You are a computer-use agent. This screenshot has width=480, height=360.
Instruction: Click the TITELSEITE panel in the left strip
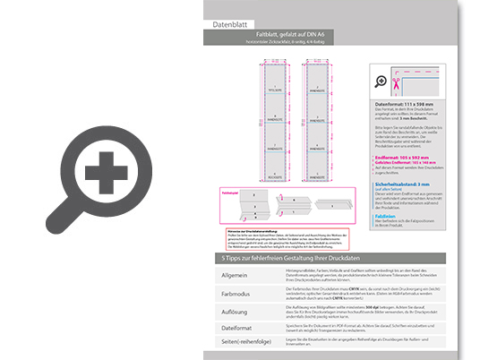[272, 90]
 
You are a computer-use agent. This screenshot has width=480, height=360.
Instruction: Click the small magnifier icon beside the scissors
[381, 81]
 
